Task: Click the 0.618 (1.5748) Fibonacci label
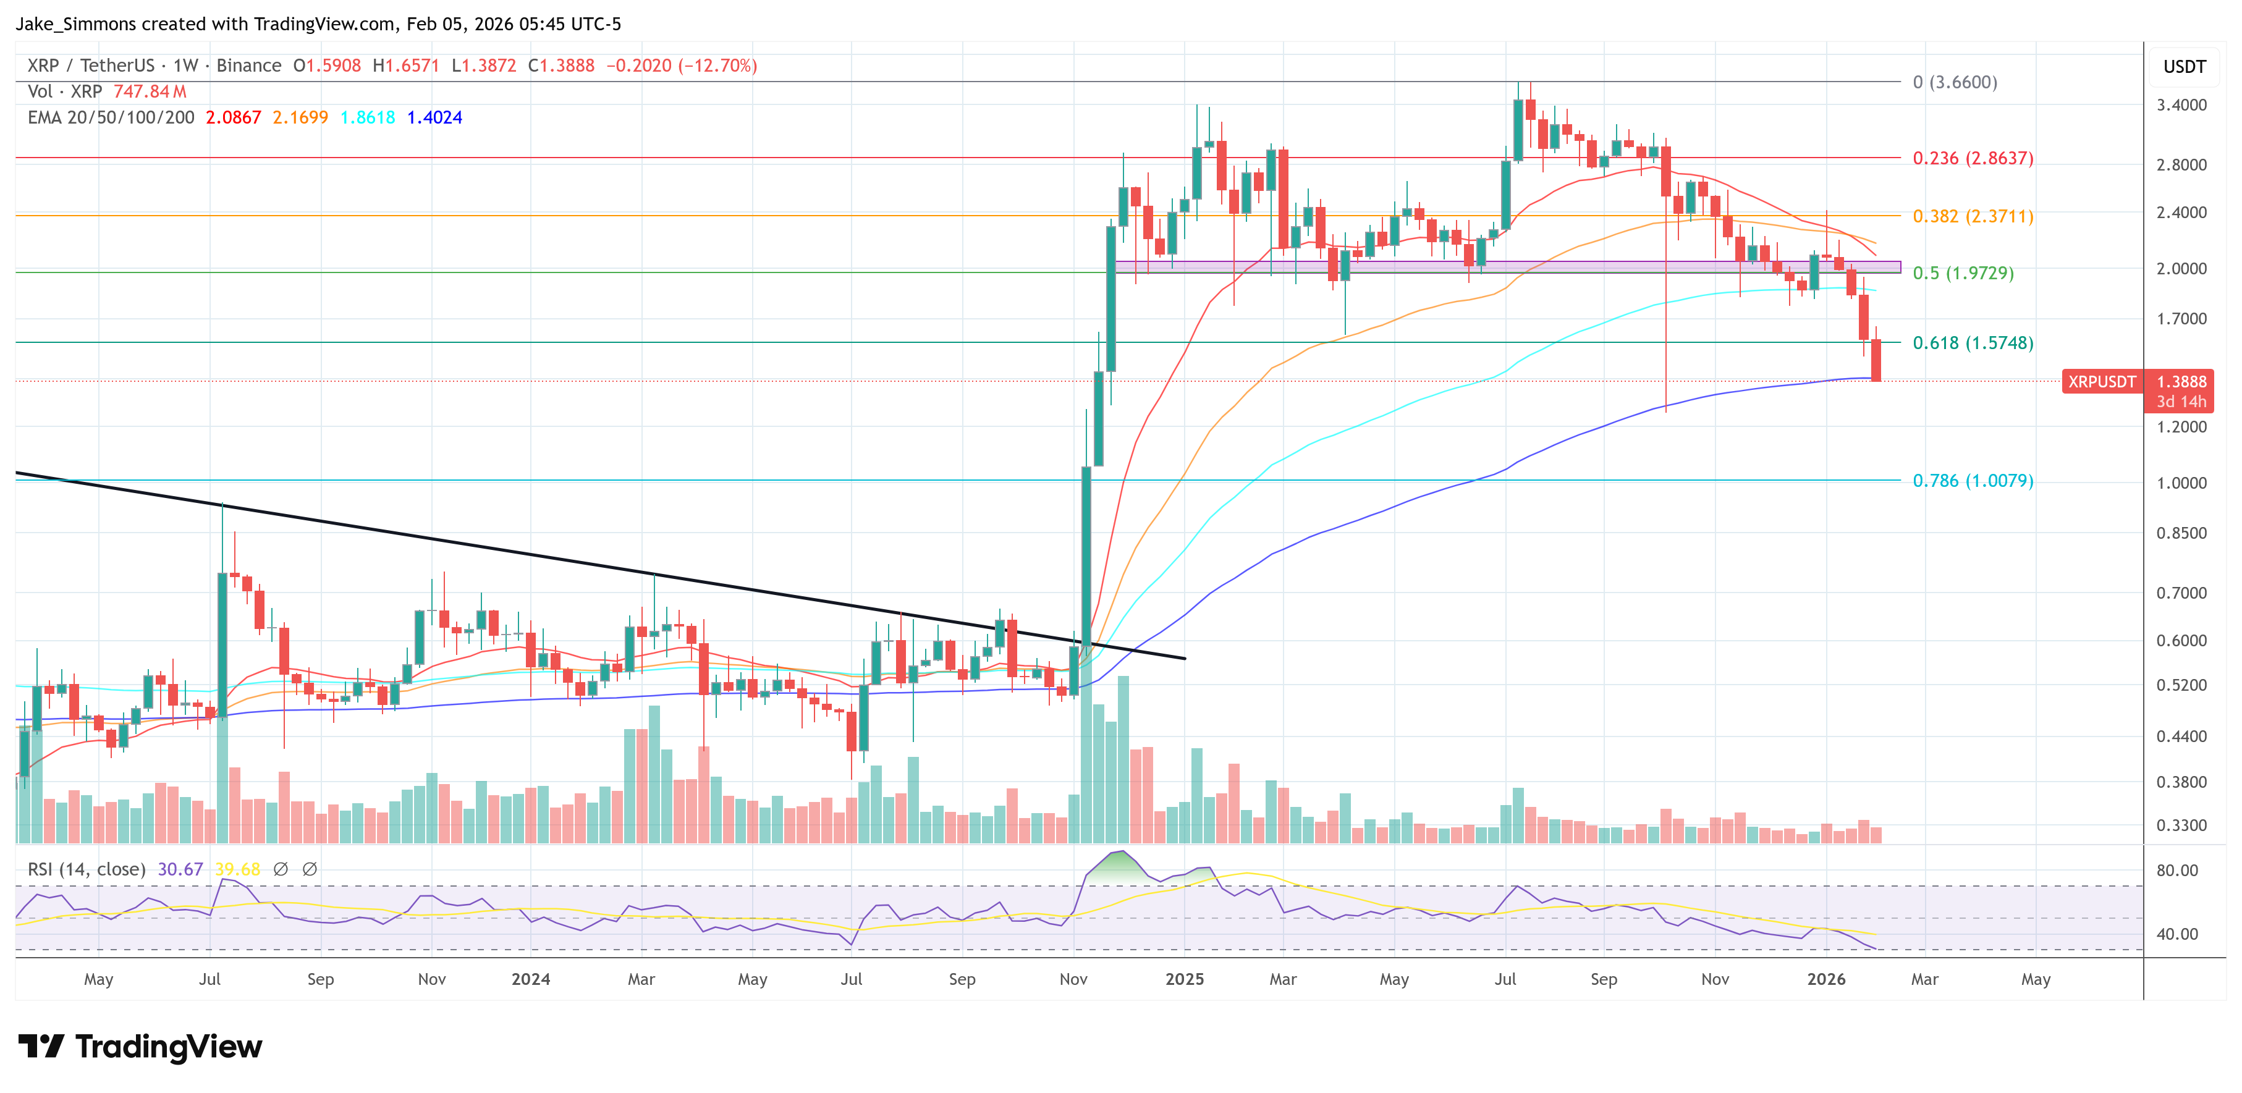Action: point(1972,343)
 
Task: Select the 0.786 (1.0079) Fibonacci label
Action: point(1972,480)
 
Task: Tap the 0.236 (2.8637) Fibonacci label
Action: point(1972,158)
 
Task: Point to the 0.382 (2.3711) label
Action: point(1972,216)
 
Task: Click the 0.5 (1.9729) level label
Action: point(1963,273)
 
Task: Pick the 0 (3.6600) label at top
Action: point(1954,83)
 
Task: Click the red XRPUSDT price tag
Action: point(2101,382)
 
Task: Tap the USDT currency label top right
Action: point(2184,67)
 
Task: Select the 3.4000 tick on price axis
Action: point(2181,105)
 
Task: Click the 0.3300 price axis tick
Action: point(2181,825)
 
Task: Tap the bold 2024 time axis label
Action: point(530,979)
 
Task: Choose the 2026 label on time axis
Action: point(1825,979)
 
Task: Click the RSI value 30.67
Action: point(180,869)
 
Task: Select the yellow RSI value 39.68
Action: point(237,869)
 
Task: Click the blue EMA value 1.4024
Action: point(434,117)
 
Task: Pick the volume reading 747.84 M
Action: point(150,91)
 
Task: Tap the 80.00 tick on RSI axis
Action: point(2176,870)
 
